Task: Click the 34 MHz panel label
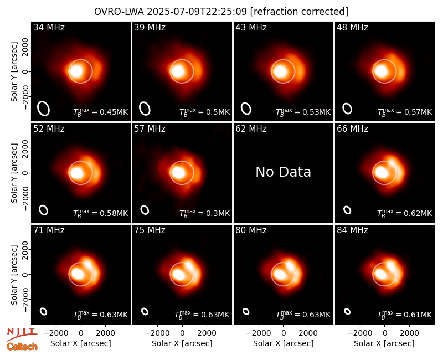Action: click(49, 27)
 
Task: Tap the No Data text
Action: click(283, 172)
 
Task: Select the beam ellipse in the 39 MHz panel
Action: click(145, 109)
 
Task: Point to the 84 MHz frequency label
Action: click(352, 230)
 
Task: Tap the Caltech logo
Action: click(22, 347)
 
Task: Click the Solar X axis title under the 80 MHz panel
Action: click(283, 343)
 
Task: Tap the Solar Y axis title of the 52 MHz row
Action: click(14, 173)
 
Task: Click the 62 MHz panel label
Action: click(251, 129)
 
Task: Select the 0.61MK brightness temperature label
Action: click(405, 315)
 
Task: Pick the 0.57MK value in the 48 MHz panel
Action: click(405, 112)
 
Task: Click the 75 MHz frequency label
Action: click(150, 230)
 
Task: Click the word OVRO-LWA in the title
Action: click(119, 12)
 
